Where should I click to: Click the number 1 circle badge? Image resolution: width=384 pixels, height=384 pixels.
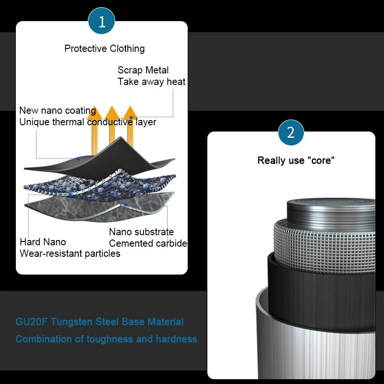[101, 22]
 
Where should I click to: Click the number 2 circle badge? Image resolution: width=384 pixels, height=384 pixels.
[291, 132]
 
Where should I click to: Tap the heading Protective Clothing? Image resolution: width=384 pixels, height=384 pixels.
[104, 48]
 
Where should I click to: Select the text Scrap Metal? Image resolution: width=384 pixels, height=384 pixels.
[143, 70]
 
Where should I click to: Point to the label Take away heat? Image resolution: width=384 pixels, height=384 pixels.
[151, 82]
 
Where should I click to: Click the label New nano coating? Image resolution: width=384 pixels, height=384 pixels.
[57, 111]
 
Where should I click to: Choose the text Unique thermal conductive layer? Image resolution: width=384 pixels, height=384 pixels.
[87, 122]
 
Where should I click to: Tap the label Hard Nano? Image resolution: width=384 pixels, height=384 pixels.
[43, 241]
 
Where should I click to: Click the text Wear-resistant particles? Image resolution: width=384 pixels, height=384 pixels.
[70, 253]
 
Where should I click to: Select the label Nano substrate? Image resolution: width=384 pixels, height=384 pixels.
[141, 232]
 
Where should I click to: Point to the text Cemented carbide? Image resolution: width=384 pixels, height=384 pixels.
[148, 243]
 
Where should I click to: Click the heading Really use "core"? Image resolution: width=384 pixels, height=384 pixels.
[296, 160]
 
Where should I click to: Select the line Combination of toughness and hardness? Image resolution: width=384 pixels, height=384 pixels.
[106, 339]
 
